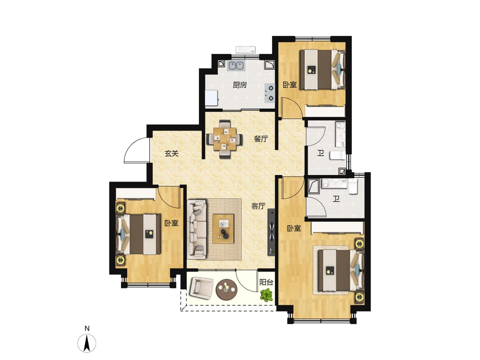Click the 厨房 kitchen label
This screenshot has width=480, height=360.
point(240,85)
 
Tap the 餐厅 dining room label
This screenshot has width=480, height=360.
point(261,139)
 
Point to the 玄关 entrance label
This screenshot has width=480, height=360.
point(171,153)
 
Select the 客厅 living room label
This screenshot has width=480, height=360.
point(258,206)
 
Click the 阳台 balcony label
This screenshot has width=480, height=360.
point(266,282)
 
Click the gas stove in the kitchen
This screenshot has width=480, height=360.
point(269,93)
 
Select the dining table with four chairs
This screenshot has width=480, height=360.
point(225,139)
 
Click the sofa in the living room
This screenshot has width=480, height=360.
point(197,229)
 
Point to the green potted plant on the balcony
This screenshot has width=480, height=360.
point(266,295)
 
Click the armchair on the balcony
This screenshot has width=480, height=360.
point(201,288)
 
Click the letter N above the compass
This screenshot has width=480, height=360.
point(87,329)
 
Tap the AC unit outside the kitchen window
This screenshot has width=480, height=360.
point(246,50)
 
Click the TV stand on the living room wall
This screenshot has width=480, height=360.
point(271,232)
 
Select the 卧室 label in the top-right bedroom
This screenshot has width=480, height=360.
point(290,85)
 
